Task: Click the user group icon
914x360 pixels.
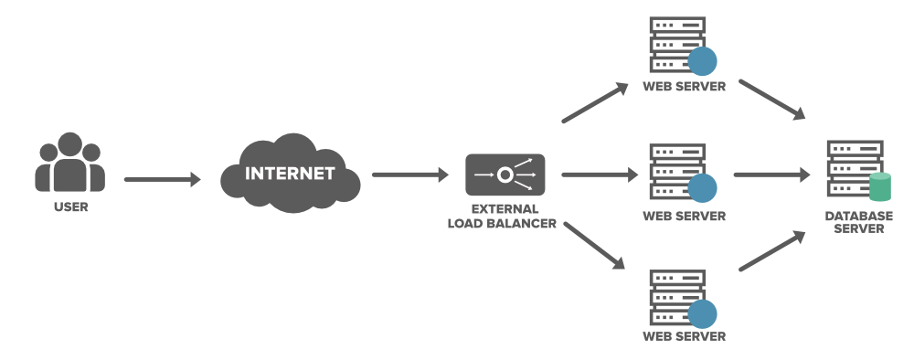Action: (x=70, y=163)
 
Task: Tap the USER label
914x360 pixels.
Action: (x=70, y=207)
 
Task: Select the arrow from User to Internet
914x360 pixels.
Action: (x=162, y=180)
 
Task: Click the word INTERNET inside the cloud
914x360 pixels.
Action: (x=290, y=173)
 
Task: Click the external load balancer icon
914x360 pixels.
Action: (x=505, y=174)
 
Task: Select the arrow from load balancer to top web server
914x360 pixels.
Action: (x=595, y=103)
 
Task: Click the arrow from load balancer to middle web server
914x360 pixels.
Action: (x=598, y=174)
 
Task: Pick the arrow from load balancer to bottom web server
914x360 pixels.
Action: (x=595, y=245)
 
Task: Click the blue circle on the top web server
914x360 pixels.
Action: (x=702, y=62)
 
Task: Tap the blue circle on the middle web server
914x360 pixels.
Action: (x=702, y=188)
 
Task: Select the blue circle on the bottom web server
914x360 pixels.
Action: (x=702, y=314)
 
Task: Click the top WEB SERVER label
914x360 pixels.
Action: (x=684, y=87)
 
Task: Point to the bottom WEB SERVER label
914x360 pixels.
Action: (x=684, y=337)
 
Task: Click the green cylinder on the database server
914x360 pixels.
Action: (x=880, y=187)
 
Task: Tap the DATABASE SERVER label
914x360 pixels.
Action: (x=855, y=222)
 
